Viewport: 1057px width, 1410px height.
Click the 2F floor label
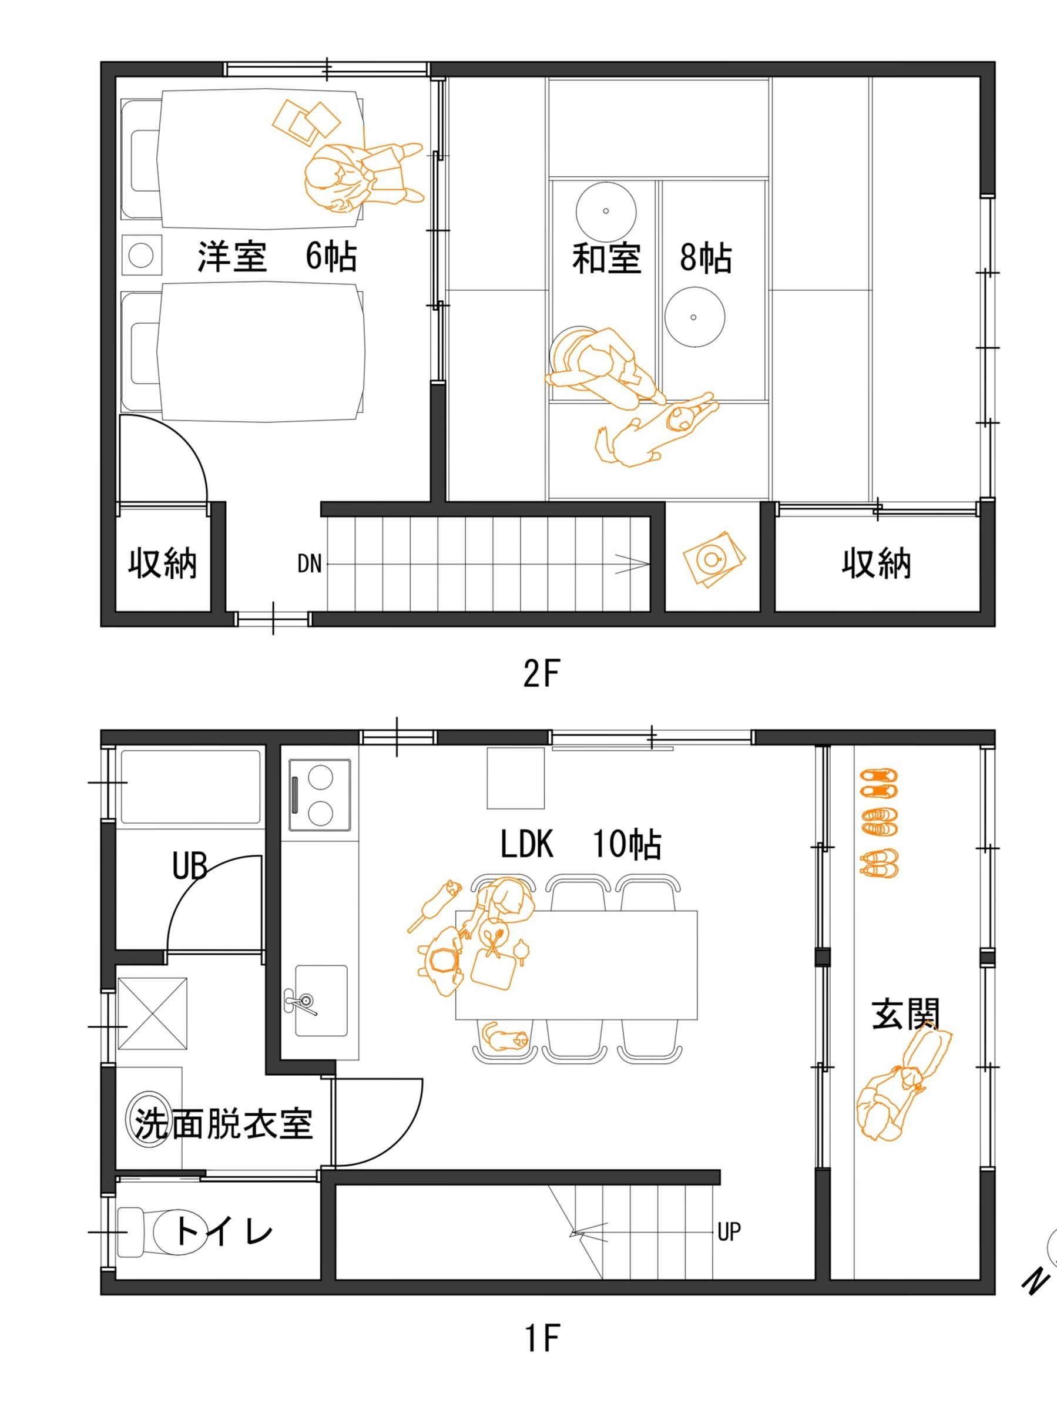[x=541, y=673]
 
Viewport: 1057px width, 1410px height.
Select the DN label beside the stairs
[x=309, y=563]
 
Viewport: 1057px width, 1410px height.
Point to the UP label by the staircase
[x=729, y=1232]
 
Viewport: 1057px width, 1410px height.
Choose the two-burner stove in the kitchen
[x=320, y=795]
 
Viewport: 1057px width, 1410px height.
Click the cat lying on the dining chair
[x=505, y=1038]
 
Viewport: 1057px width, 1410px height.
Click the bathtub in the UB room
[x=190, y=787]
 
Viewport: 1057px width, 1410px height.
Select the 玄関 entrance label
[x=905, y=1014]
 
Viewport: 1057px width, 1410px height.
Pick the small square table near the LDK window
[x=516, y=778]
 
